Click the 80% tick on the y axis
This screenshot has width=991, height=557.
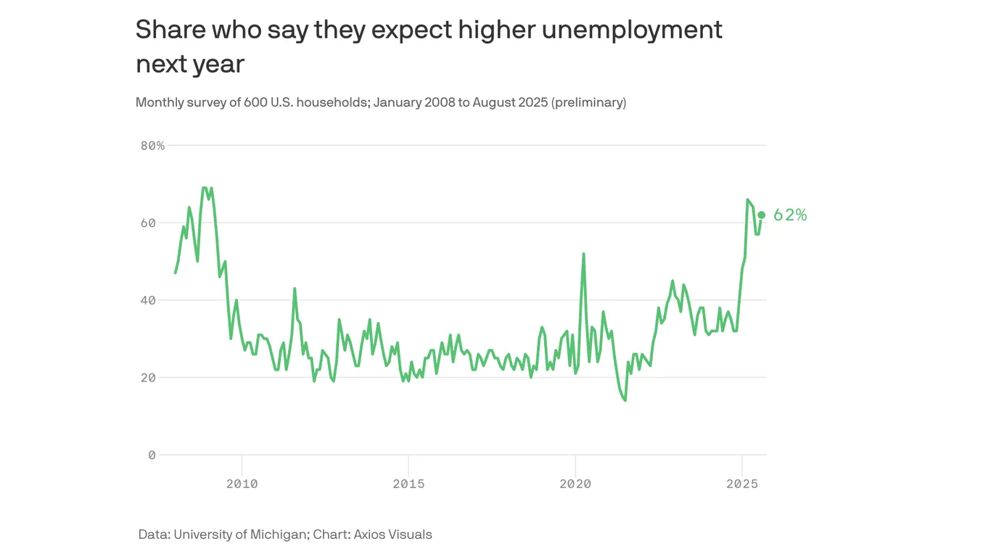(152, 146)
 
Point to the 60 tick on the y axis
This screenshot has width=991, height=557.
(148, 223)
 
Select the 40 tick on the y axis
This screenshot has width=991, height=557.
(148, 300)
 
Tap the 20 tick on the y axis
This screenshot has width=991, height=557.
(148, 378)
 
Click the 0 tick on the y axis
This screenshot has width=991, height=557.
(152, 455)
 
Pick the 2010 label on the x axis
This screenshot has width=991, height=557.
(242, 484)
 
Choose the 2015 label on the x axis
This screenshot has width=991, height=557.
(408, 484)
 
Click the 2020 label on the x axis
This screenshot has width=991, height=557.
(575, 484)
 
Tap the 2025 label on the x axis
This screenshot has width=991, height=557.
(741, 484)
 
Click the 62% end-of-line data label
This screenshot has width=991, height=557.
(790, 215)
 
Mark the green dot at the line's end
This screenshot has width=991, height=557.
(761, 215)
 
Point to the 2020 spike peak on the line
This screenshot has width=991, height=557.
(583, 254)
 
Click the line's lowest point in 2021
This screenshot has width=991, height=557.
(625, 400)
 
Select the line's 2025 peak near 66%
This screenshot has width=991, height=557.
(747, 199)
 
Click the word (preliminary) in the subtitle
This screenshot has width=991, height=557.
(588, 102)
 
